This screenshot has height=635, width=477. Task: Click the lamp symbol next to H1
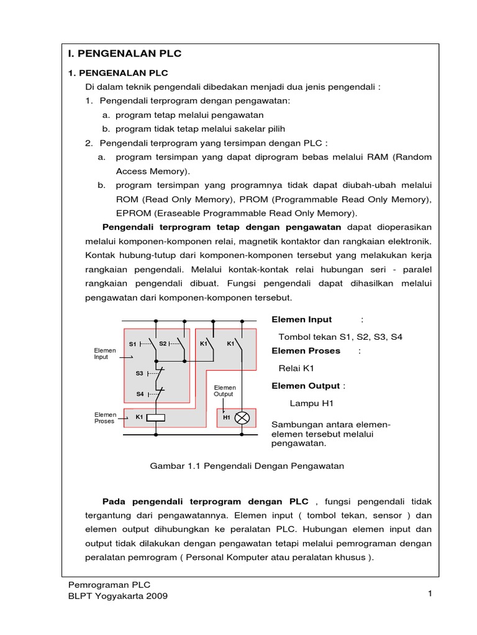(x=242, y=417)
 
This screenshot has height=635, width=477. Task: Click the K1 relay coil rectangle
(x=155, y=417)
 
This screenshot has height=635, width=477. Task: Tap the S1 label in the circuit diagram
(x=132, y=344)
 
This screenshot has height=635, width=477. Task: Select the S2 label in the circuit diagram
(x=162, y=343)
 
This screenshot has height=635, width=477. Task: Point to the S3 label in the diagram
(x=139, y=374)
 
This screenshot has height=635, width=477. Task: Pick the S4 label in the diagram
(x=140, y=394)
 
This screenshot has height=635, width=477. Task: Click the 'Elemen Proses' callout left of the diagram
(x=104, y=417)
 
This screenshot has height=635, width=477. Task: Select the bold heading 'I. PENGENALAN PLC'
(x=125, y=54)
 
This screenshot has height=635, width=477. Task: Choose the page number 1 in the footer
(x=429, y=594)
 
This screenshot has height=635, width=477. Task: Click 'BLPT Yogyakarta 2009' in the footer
(x=117, y=596)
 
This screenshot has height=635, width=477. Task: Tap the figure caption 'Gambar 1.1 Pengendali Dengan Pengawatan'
(x=247, y=465)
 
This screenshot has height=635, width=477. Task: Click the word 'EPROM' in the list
(x=133, y=213)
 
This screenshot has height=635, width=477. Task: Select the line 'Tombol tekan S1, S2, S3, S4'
(x=340, y=336)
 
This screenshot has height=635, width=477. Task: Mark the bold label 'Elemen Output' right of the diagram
(x=306, y=386)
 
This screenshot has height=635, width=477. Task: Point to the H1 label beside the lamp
(x=227, y=417)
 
